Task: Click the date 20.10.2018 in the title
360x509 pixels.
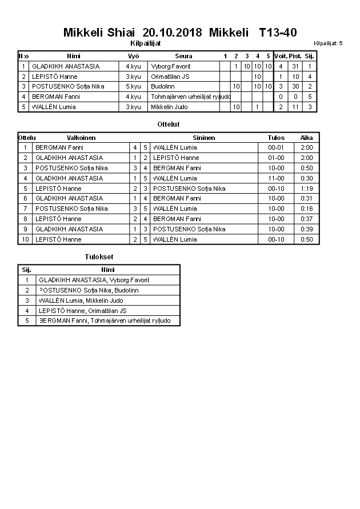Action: [172, 33]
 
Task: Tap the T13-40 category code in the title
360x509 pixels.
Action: [278, 33]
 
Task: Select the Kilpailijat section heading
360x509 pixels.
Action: [146, 43]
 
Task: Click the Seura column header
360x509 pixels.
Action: [183, 56]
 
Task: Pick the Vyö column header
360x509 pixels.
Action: [133, 56]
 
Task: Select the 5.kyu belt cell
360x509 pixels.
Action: [133, 86]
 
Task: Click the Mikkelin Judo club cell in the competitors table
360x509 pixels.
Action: [169, 107]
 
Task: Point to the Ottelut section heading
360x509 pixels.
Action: [168, 124]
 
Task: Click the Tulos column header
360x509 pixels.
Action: [276, 138]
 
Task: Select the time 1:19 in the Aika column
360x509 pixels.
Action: [307, 189]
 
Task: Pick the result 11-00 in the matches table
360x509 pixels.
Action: [276, 178]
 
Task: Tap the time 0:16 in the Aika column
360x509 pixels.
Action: [307, 209]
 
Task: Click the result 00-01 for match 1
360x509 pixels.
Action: [276, 147]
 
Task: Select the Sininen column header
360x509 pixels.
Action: [204, 138]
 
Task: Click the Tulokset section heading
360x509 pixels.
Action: [99, 257]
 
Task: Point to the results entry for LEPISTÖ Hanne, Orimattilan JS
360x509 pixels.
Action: [83, 311]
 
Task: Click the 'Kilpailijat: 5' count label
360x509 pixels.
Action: [328, 43]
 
